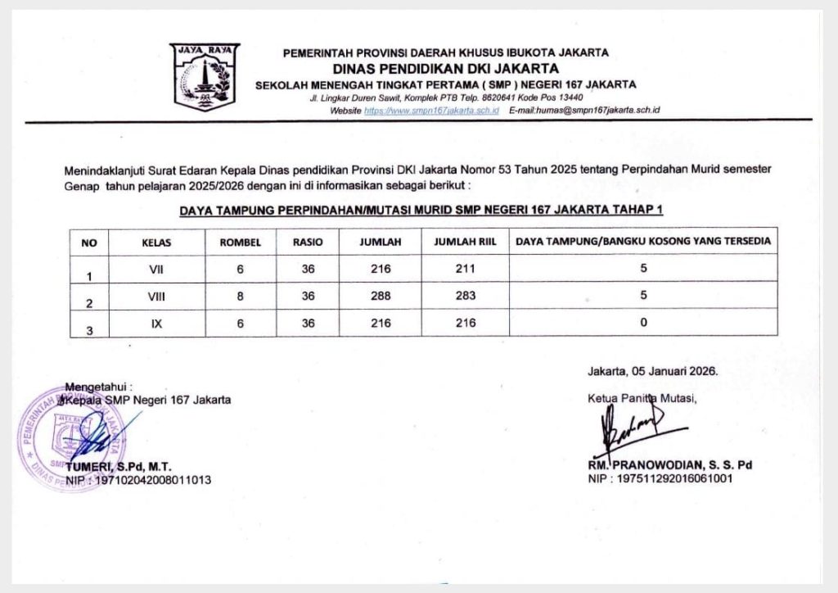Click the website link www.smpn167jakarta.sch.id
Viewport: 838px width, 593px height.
click(x=431, y=110)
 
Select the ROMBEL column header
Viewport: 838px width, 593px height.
click(x=240, y=242)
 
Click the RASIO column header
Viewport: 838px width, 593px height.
click(x=308, y=242)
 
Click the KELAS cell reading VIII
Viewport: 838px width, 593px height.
click(x=156, y=296)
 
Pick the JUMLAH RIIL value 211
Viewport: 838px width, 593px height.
click(x=464, y=269)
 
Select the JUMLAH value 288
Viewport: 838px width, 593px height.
click(x=381, y=296)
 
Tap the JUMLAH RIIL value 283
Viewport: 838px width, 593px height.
click(x=464, y=296)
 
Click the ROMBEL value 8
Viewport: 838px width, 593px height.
click(x=240, y=296)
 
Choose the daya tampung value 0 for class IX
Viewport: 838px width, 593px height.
click(x=643, y=324)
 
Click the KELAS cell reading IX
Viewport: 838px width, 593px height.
click(x=156, y=324)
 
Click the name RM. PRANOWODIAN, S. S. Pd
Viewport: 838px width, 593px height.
click(x=669, y=464)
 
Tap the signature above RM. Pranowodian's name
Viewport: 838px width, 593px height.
click(x=630, y=426)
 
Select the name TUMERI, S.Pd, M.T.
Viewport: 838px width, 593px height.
click(x=131, y=467)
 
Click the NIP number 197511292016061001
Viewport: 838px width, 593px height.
click(x=678, y=478)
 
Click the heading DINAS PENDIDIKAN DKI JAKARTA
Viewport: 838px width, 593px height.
click(x=446, y=68)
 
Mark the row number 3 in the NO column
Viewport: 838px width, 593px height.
click(x=89, y=330)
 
